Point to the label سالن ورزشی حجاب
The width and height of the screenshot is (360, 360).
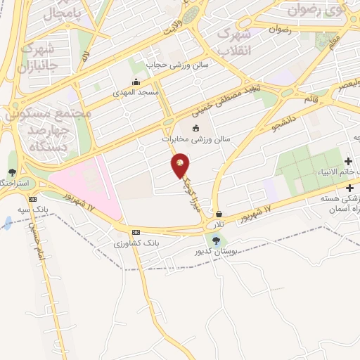click(168, 65)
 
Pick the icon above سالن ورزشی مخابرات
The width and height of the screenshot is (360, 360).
click(195, 127)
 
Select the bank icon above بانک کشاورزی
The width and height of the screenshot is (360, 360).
click(136, 232)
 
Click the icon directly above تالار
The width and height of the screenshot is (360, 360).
click(219, 214)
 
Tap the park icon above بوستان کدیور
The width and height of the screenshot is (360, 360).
click(216, 240)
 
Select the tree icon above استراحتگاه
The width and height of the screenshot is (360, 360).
click(12, 172)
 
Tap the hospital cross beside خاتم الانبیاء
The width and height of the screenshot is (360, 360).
click(348, 162)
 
